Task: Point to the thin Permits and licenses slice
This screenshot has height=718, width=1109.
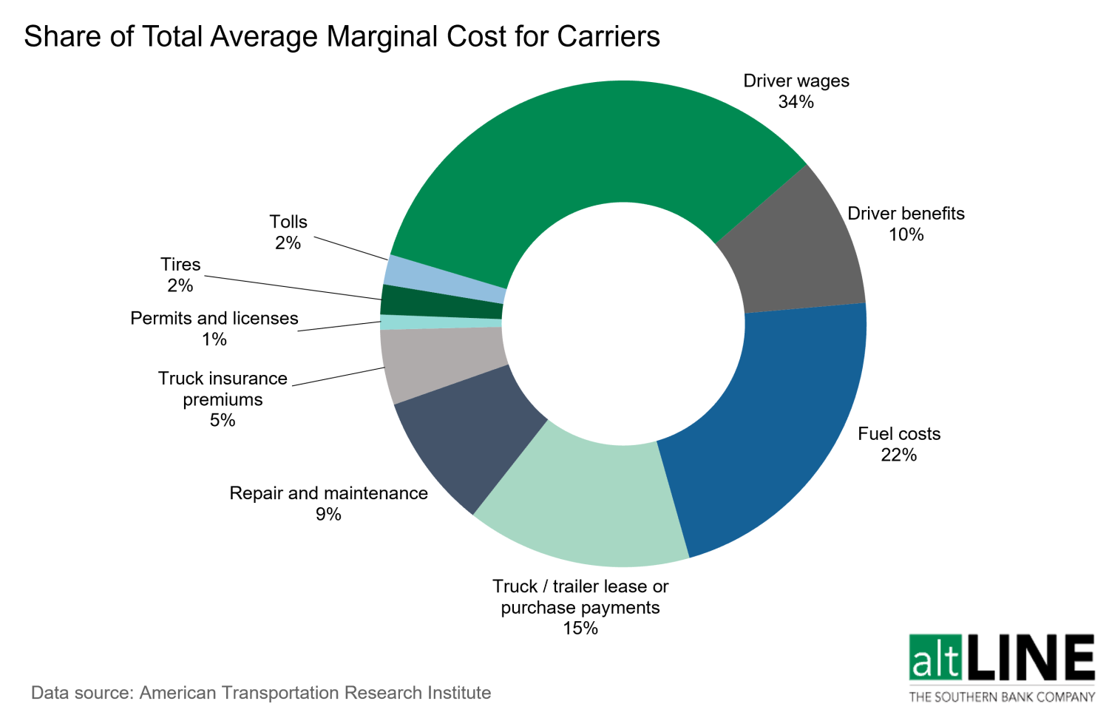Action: (x=441, y=322)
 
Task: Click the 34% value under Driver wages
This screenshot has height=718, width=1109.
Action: (x=796, y=102)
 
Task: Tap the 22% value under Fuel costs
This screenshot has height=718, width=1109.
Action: (x=898, y=455)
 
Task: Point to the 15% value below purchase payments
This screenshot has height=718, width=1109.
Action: (x=580, y=629)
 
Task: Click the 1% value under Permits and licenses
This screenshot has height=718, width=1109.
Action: (x=214, y=339)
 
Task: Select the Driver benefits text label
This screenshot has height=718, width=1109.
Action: (x=906, y=214)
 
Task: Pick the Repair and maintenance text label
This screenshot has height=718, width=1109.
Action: (x=328, y=493)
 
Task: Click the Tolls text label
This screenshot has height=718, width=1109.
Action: (x=288, y=222)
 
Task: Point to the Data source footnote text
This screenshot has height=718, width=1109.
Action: (x=261, y=693)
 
